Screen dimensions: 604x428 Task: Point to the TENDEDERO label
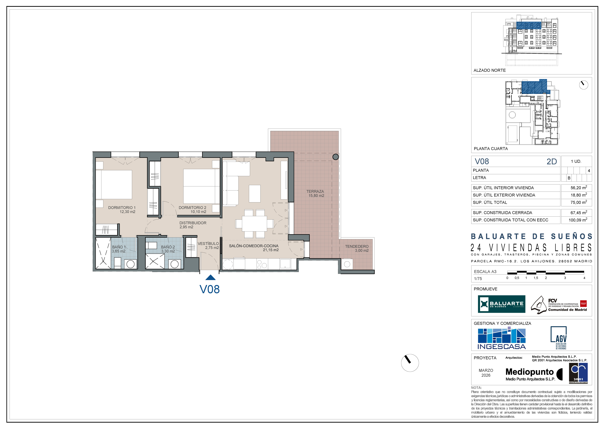point(357,246)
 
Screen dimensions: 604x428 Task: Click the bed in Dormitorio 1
point(114,184)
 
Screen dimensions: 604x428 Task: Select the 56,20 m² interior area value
point(579,188)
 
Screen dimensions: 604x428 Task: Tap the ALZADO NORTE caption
point(490,70)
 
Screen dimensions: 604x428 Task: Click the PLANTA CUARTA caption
point(491,149)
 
